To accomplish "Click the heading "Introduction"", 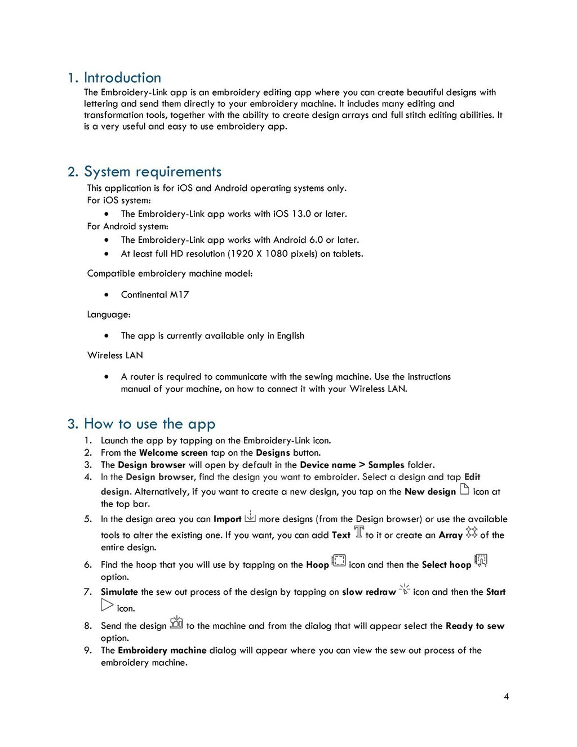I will coord(122,78).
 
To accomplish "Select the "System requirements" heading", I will coord(152,172).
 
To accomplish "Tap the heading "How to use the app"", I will coord(149,424).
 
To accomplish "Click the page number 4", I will coord(506,696).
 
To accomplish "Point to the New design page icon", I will coord(464,489).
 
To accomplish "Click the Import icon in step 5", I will coord(250,516).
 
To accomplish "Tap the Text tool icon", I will coord(358,532).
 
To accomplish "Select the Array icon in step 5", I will coord(472,532).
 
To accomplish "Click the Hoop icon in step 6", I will coord(339,561).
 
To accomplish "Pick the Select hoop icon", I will coord(481,561).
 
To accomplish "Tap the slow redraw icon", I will coord(405,589).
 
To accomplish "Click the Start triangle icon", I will coord(107,606).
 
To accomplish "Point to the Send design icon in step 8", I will coord(176,622).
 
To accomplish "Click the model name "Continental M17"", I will coord(155,295).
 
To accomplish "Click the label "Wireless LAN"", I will coord(115,355).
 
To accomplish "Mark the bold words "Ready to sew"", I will coord(474,626).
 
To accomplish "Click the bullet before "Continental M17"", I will coord(106,295).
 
